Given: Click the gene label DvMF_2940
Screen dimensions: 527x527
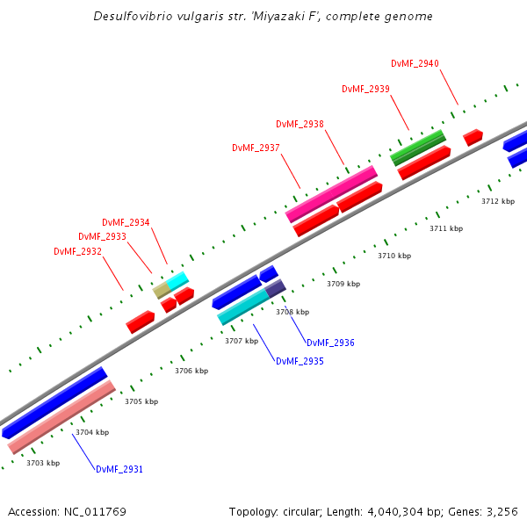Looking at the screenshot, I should (x=415, y=63).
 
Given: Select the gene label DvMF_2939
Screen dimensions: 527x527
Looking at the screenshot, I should (x=365, y=90).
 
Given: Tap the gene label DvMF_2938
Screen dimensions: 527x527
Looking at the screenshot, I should (x=300, y=125).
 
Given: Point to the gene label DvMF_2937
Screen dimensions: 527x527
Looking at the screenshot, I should (x=256, y=148).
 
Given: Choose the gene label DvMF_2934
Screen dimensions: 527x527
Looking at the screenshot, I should (x=126, y=222).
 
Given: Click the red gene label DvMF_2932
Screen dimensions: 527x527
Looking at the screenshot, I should (x=77, y=251).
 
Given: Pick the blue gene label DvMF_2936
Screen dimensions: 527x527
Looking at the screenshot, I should (x=330, y=343).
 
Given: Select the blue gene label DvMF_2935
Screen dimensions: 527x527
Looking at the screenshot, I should (x=300, y=361).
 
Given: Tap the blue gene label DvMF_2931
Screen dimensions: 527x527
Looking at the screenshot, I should (x=119, y=469).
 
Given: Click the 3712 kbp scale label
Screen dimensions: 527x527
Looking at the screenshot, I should (x=498, y=201).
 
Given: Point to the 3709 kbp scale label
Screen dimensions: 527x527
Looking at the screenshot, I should (x=343, y=285).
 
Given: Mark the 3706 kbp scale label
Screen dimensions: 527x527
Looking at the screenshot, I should (x=191, y=371).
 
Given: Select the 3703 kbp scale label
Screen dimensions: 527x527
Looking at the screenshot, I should (x=43, y=463).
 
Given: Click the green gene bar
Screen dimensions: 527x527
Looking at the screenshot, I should (x=418, y=148).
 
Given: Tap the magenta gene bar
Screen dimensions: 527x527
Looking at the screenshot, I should (x=331, y=194).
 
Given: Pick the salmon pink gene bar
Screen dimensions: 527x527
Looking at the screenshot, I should (x=61, y=416).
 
